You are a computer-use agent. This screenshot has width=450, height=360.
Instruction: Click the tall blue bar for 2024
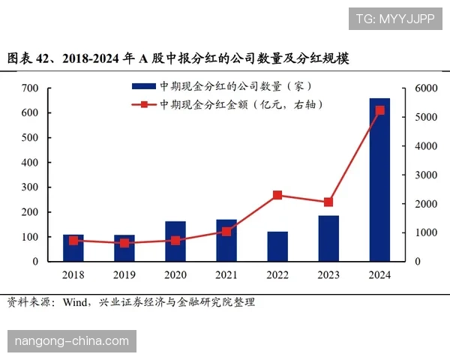[x=379, y=180]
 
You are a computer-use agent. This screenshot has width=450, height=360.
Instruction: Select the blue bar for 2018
[x=73, y=248]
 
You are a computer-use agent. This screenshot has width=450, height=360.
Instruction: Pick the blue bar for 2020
[x=175, y=241]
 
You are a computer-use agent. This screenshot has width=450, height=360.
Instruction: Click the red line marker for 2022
[x=277, y=195]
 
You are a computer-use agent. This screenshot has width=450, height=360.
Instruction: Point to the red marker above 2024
[x=379, y=110]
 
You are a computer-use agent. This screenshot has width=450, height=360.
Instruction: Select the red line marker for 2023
[x=328, y=202]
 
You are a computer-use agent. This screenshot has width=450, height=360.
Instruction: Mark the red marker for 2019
[x=124, y=243]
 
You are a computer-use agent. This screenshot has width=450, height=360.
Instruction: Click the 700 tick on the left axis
[x=29, y=88]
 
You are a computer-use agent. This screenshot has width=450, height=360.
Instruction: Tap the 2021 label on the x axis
[x=226, y=275]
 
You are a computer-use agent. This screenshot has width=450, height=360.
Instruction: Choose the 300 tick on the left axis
[x=29, y=187]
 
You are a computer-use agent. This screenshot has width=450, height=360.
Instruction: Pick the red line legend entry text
[x=241, y=105]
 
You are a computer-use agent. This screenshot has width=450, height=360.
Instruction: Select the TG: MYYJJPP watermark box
[x=394, y=19]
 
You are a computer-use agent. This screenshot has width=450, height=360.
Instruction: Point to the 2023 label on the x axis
[x=328, y=275]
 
